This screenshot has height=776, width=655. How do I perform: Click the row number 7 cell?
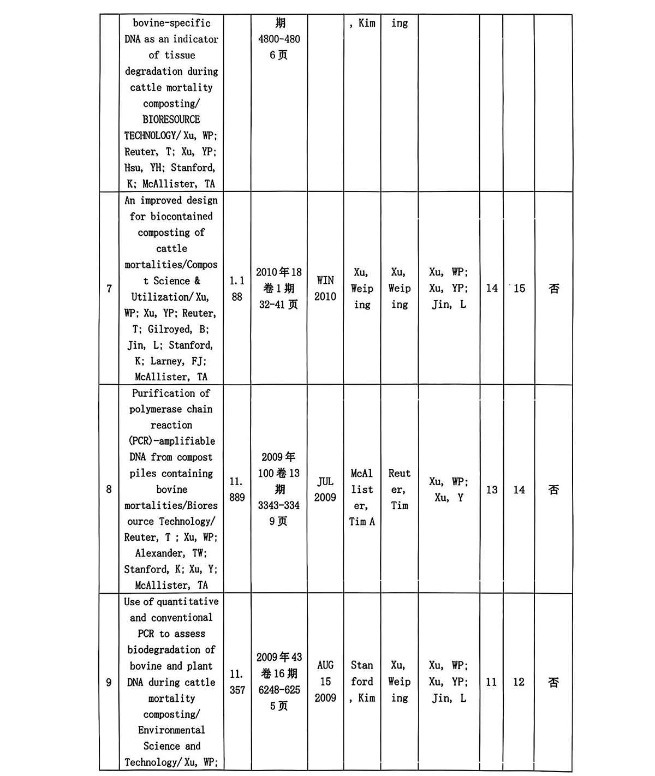pos(109,288)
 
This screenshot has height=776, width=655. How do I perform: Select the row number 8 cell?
pos(109,490)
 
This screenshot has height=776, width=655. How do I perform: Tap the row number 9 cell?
pos(109,682)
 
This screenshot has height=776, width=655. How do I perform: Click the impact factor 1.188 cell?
pos(237,289)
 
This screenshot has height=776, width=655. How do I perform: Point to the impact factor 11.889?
pos(237,490)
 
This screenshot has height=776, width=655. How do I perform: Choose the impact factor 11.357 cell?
pos(237,682)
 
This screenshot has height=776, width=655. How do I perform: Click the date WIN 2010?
pos(325,288)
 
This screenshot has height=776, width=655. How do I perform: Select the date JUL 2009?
pos(325,490)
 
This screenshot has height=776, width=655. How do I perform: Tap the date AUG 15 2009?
pos(325,682)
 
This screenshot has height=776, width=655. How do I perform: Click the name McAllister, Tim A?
pos(362,497)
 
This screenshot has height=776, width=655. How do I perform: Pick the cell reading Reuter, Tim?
pos(399,490)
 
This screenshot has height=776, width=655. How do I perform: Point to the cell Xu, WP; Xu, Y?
pos(449,490)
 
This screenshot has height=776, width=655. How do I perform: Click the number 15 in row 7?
pos(519,288)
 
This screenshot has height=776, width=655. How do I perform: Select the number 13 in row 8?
pos(492,490)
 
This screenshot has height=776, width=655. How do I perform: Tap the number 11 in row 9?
pos(492,682)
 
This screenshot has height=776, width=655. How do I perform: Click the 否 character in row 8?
pos(553,490)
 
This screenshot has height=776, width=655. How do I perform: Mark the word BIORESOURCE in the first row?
pos(171,120)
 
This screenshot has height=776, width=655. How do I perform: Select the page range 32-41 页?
pos(278,305)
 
